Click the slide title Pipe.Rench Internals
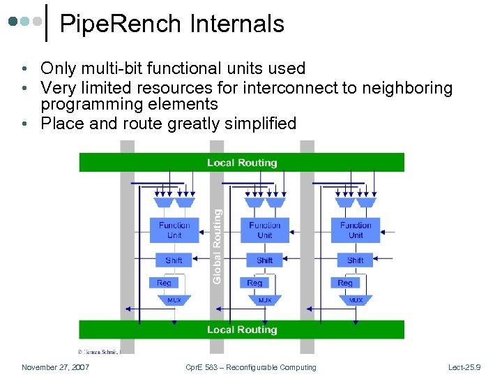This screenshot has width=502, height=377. coord(172,24)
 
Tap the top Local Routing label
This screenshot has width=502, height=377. coord(242,163)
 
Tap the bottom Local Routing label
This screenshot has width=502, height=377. coord(242,330)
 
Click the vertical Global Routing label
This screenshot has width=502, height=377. coord(217,246)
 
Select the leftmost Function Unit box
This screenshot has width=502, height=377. coord(174,230)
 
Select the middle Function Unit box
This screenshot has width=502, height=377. coord(264,230)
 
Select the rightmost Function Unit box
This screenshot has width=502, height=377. coord(355,230)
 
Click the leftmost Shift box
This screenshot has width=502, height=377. coord(174,260)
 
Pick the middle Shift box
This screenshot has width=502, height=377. coord(264,260)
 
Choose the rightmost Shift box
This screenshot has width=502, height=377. coord(355,260)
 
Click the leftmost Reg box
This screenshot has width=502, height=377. coord(164,283)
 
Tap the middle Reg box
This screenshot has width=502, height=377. coord(254,283)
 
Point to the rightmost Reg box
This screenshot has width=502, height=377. coord(345,283)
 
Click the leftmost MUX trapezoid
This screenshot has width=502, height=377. coord(174,300)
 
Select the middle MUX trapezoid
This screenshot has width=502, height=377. coord(265,300)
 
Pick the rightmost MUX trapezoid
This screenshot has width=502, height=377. coord(356,300)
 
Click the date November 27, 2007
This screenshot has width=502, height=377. coord(55,367)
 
